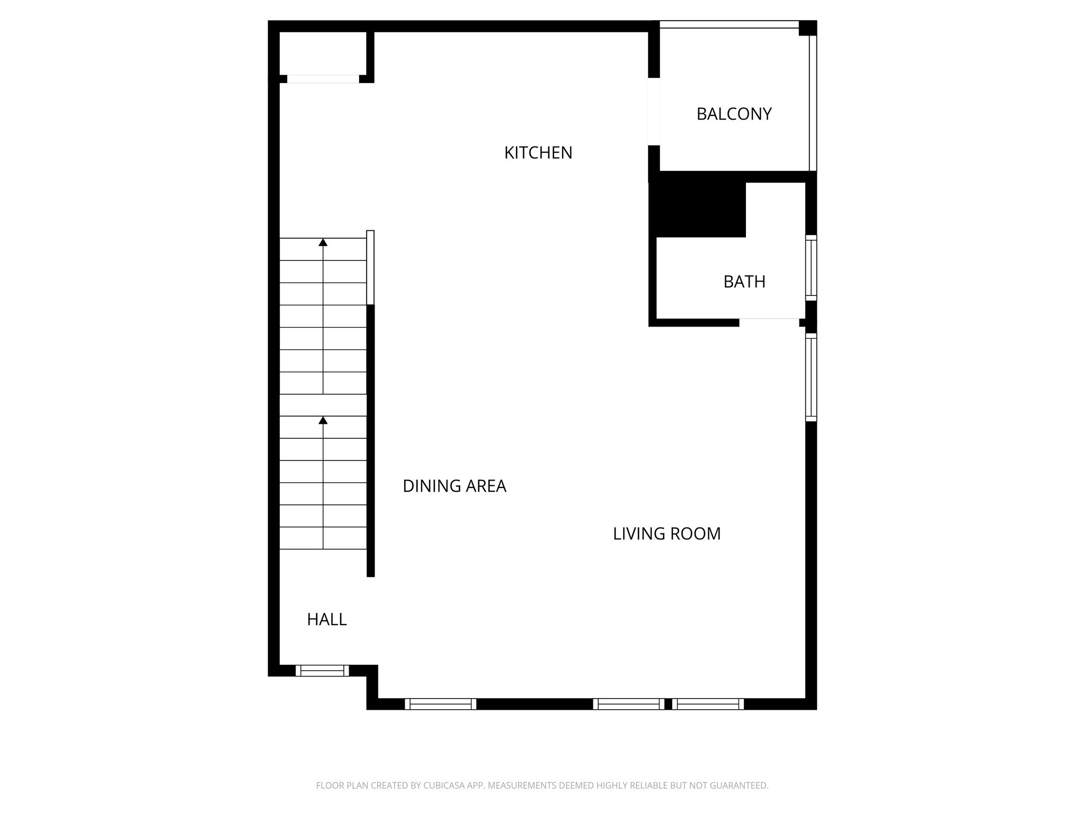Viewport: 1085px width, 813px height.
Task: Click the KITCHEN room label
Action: pyautogui.click(x=538, y=153)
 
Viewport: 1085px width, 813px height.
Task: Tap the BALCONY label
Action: pyautogui.click(x=734, y=114)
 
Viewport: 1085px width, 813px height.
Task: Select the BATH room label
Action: pyautogui.click(x=744, y=282)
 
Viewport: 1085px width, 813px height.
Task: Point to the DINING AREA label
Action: pyautogui.click(x=454, y=486)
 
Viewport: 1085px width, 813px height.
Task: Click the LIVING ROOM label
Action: pyautogui.click(x=666, y=534)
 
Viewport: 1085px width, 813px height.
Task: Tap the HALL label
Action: pyautogui.click(x=327, y=619)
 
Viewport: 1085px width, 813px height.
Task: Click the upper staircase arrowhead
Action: pyautogui.click(x=323, y=242)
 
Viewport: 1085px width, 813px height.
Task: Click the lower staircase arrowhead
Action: pyautogui.click(x=323, y=420)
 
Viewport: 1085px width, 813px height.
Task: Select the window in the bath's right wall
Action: pyautogui.click(x=811, y=268)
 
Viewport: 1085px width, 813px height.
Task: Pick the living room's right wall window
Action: pyautogui.click(x=811, y=377)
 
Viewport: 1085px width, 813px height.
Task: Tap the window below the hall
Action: pyautogui.click(x=322, y=671)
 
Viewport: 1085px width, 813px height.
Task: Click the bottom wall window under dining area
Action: pyautogui.click(x=440, y=704)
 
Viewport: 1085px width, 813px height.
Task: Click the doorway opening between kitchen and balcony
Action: pyautogui.click(x=654, y=111)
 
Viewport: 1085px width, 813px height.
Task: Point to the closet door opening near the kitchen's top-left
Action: pyautogui.click(x=323, y=79)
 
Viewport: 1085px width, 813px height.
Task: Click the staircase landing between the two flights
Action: pyautogui.click(x=323, y=405)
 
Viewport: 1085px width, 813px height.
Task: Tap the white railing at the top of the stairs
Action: pyautogui.click(x=370, y=267)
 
